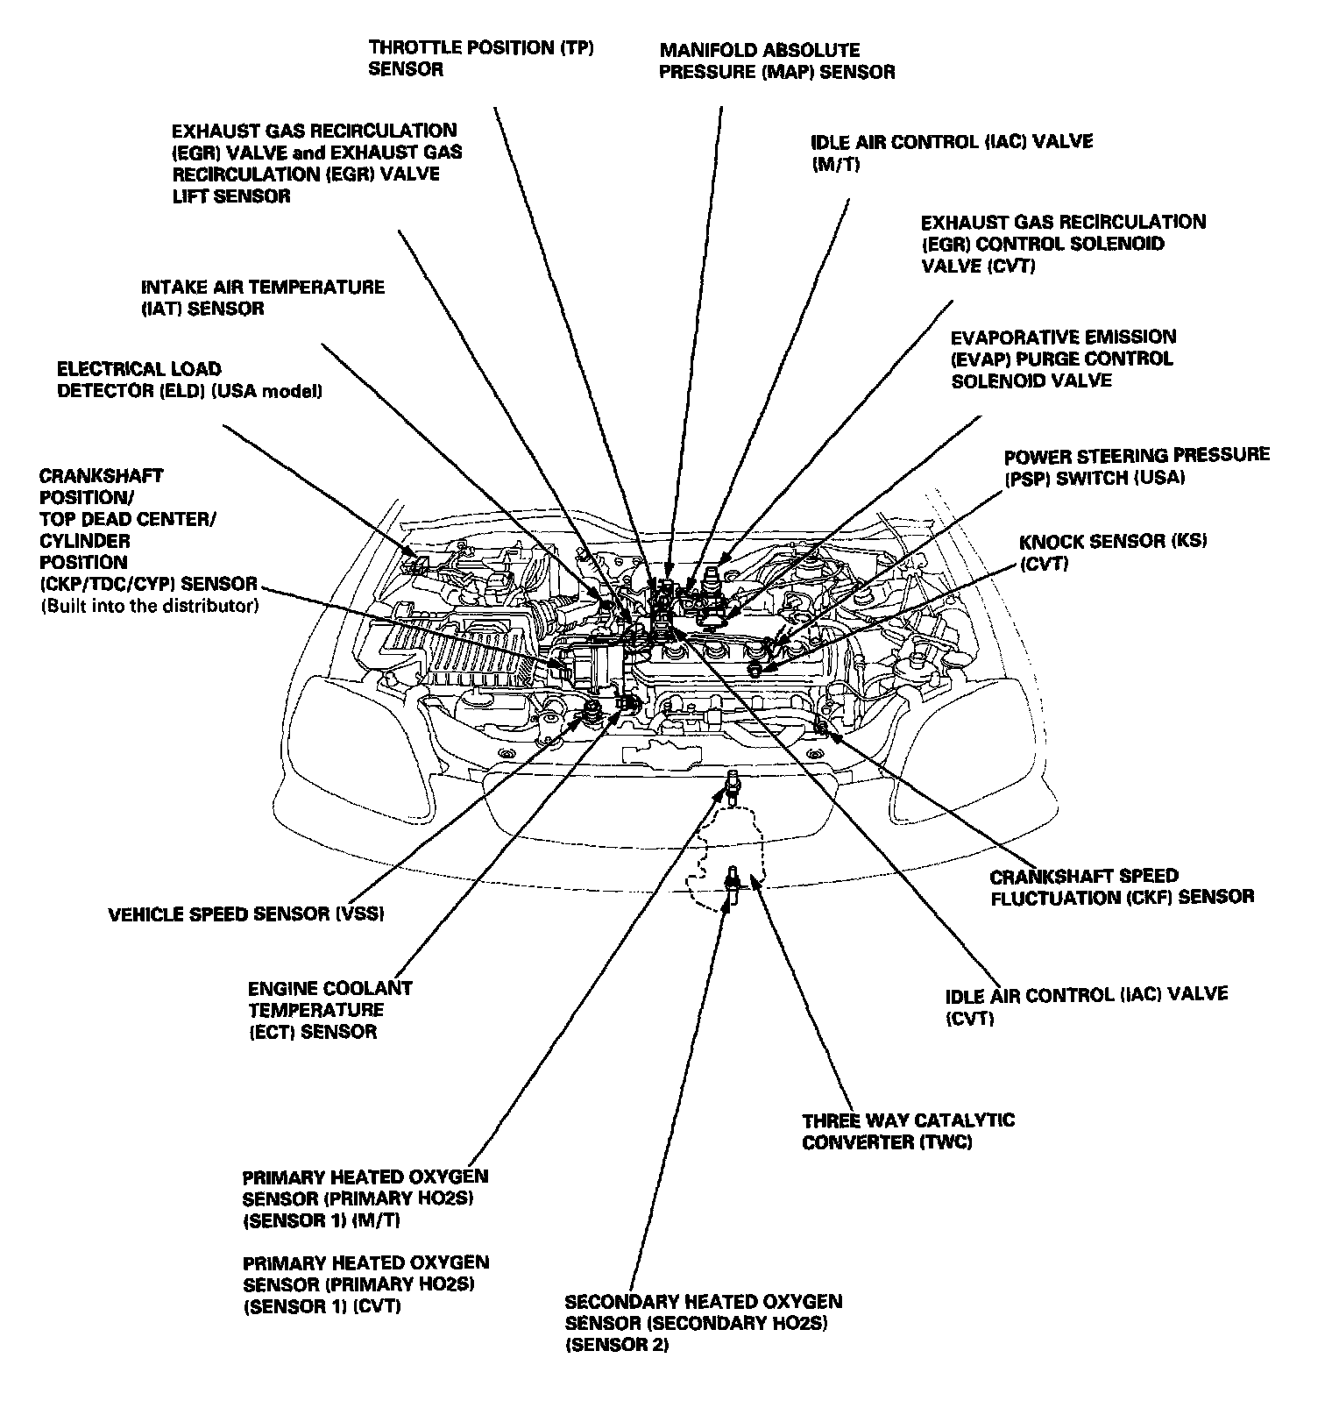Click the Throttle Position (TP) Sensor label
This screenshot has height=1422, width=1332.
[481, 59]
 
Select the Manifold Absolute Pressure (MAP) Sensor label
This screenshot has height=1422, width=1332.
[776, 61]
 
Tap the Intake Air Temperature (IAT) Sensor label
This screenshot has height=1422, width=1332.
[263, 298]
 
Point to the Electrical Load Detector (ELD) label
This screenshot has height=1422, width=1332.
[189, 380]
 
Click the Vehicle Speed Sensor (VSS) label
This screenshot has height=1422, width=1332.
[246, 914]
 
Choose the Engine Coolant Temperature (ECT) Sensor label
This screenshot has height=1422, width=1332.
[329, 1010]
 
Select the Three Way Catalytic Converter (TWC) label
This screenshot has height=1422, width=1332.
[908, 1131]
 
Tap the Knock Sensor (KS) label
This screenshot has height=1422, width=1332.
[1112, 552]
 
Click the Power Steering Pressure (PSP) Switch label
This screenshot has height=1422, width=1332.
[1136, 466]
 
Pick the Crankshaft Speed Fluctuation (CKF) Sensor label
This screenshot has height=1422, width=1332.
[1121, 886]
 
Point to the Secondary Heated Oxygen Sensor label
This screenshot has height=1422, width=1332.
[703, 1323]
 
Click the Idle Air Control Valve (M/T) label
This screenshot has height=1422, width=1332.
[952, 152]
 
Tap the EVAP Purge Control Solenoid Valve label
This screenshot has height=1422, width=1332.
[1063, 359]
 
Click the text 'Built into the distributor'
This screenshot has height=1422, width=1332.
[149, 606]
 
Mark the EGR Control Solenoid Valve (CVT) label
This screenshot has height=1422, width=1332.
[1063, 244]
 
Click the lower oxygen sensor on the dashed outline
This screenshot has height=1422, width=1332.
[733, 879]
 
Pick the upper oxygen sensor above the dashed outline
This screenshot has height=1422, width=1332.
[733, 782]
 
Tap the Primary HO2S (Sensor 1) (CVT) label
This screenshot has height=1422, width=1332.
[365, 1284]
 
